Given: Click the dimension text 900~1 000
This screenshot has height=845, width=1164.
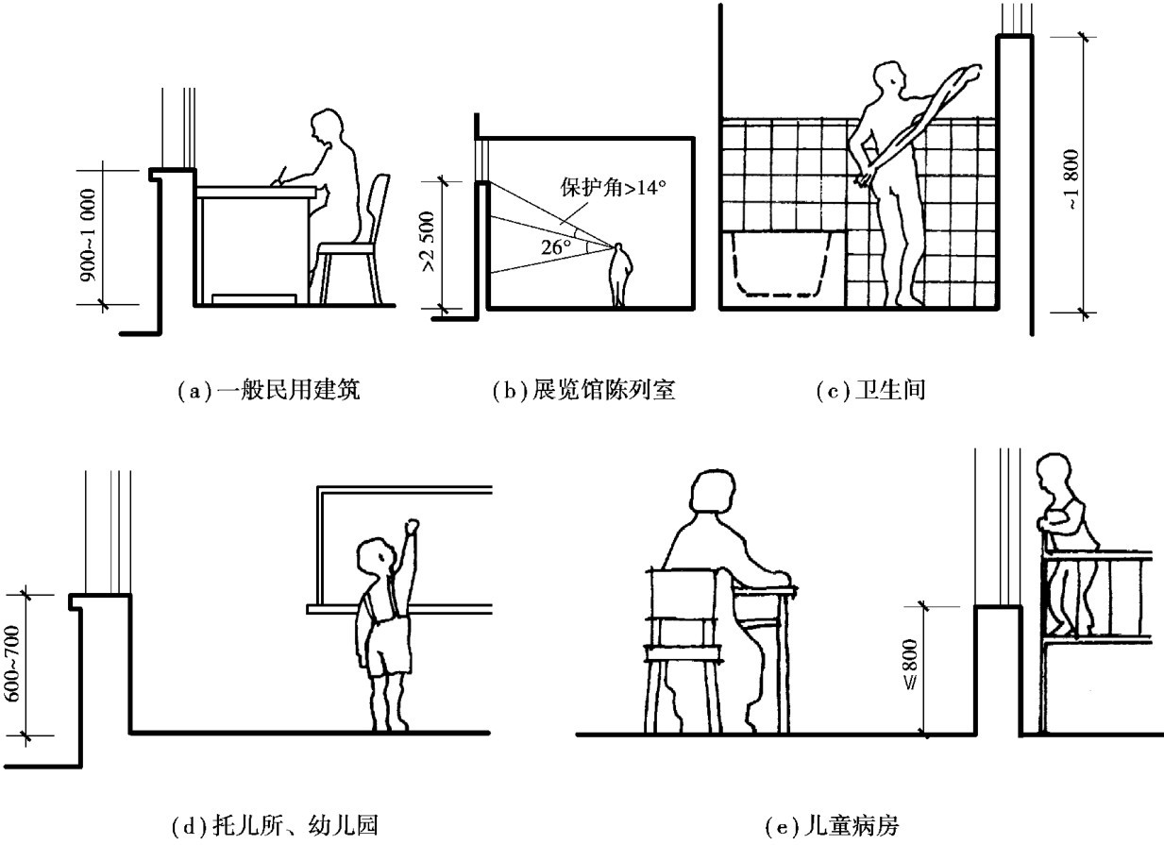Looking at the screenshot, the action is click(87, 234).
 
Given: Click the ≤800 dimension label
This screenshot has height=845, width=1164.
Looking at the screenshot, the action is click(909, 669).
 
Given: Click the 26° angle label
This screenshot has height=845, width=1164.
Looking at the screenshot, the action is click(557, 248).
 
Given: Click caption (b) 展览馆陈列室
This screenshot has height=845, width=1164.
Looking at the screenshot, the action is click(584, 389).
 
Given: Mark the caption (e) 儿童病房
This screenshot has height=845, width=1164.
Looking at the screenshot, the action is click(835, 826).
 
